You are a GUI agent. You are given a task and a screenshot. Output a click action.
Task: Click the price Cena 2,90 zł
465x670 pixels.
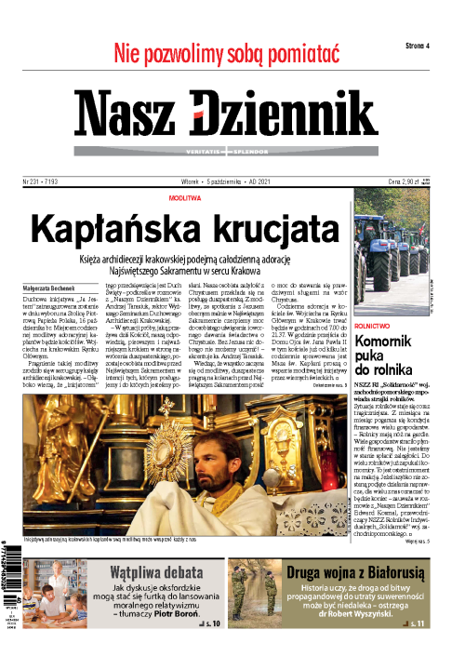[411, 183]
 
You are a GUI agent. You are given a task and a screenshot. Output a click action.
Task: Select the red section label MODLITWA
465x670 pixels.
[188, 199]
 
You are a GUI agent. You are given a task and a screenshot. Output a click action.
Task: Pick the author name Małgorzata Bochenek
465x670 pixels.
[45, 289]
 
